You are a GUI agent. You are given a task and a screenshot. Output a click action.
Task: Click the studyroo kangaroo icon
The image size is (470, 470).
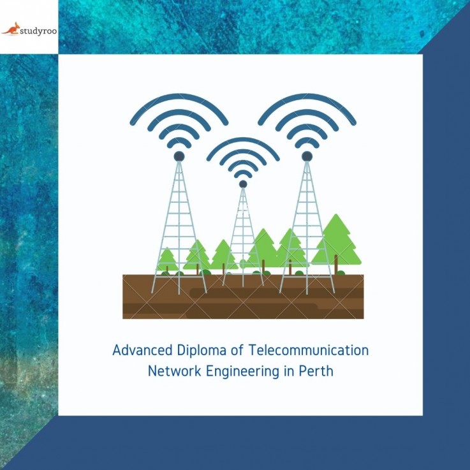coord(11,28)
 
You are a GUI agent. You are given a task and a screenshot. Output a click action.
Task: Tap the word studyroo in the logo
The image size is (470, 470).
coord(37,29)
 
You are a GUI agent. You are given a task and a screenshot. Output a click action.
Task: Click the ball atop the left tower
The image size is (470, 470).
coord(179,156)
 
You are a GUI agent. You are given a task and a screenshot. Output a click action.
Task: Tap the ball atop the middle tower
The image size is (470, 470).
coord(243,184)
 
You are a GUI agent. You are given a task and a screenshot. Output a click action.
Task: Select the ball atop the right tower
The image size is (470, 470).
coord(307,156)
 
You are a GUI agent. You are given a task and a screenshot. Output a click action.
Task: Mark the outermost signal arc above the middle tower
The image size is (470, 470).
coord(243,142)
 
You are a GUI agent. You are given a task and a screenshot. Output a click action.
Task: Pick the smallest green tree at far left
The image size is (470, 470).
coord(167,259)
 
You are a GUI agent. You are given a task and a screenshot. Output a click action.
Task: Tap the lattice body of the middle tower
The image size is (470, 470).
coord(243,236)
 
